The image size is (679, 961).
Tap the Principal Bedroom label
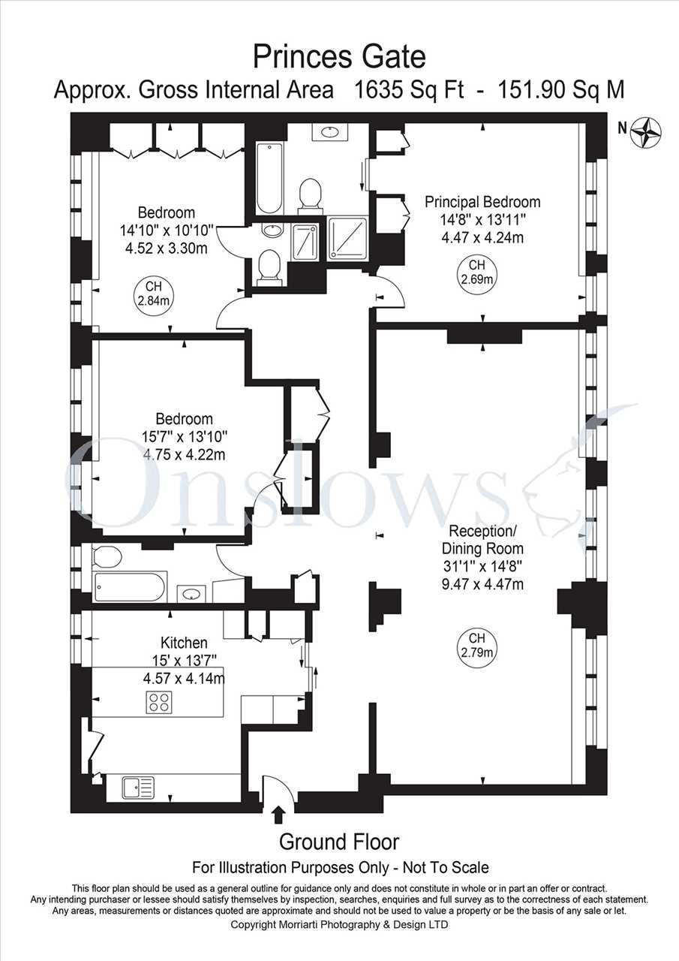point(482,202)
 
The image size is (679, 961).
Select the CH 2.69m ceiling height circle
point(482,273)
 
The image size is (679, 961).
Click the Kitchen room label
point(184,643)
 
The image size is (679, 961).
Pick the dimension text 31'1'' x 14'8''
point(482,567)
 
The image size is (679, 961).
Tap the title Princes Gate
point(339,56)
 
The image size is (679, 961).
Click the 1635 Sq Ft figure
point(409,91)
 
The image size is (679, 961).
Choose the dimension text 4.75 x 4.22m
point(185,455)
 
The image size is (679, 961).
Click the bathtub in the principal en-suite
point(269,179)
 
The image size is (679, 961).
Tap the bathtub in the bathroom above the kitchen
point(130,587)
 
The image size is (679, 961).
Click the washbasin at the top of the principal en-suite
point(329,132)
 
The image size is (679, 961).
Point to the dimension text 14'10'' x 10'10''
point(167,230)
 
